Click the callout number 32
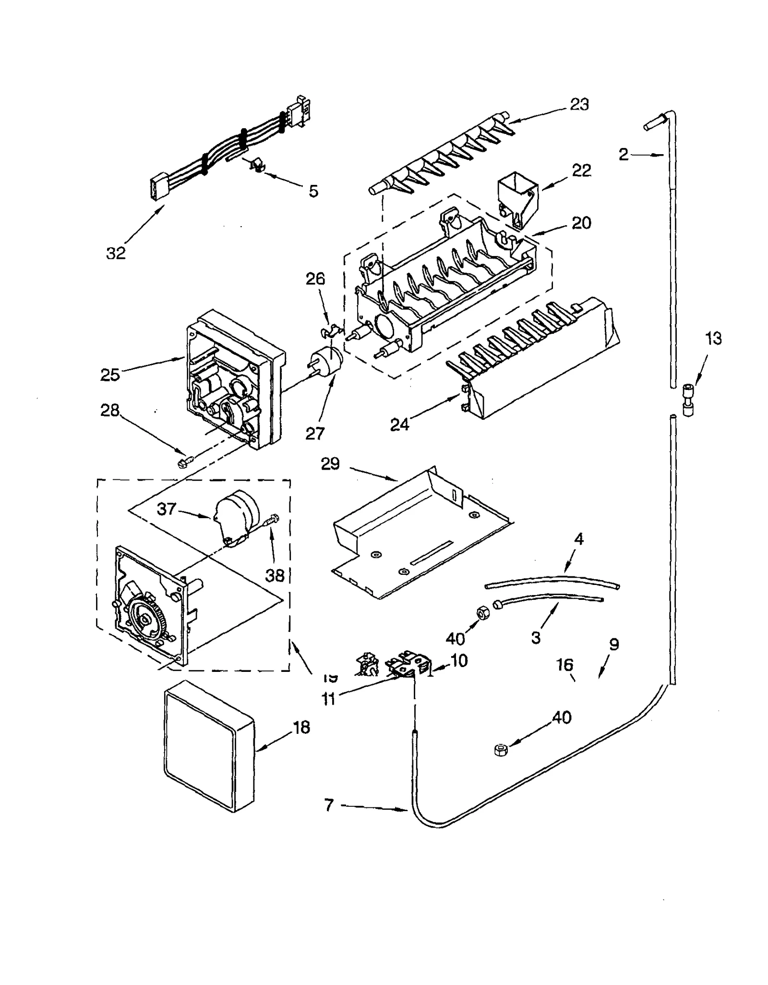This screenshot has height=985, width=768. (x=116, y=253)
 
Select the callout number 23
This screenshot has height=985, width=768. (x=579, y=104)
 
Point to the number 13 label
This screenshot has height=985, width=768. (x=713, y=338)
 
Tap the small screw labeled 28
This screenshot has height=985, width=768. (x=184, y=462)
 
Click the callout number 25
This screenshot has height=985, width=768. (x=110, y=375)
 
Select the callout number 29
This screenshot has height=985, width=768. (x=330, y=464)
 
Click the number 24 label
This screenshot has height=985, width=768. (x=399, y=424)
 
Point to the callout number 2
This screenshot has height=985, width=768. (x=623, y=154)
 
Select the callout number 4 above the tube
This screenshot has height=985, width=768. (x=579, y=539)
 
